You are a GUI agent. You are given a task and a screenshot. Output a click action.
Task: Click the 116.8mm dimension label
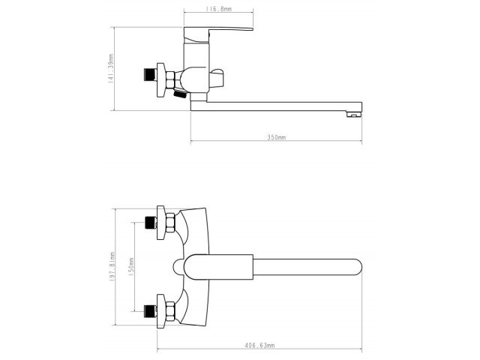point(218,10)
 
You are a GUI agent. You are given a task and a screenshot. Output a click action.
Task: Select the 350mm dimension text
point(277,137)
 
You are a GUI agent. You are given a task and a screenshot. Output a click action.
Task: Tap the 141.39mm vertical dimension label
point(110,68)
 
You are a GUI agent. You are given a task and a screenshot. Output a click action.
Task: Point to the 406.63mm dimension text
point(260,345)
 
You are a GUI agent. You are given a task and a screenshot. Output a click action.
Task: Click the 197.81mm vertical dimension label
point(110,266)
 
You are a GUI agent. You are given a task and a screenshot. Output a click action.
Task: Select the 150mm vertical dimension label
point(130,266)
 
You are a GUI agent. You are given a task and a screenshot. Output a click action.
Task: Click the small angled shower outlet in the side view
point(181,96)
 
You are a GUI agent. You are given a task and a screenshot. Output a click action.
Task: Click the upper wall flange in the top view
point(161,223)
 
